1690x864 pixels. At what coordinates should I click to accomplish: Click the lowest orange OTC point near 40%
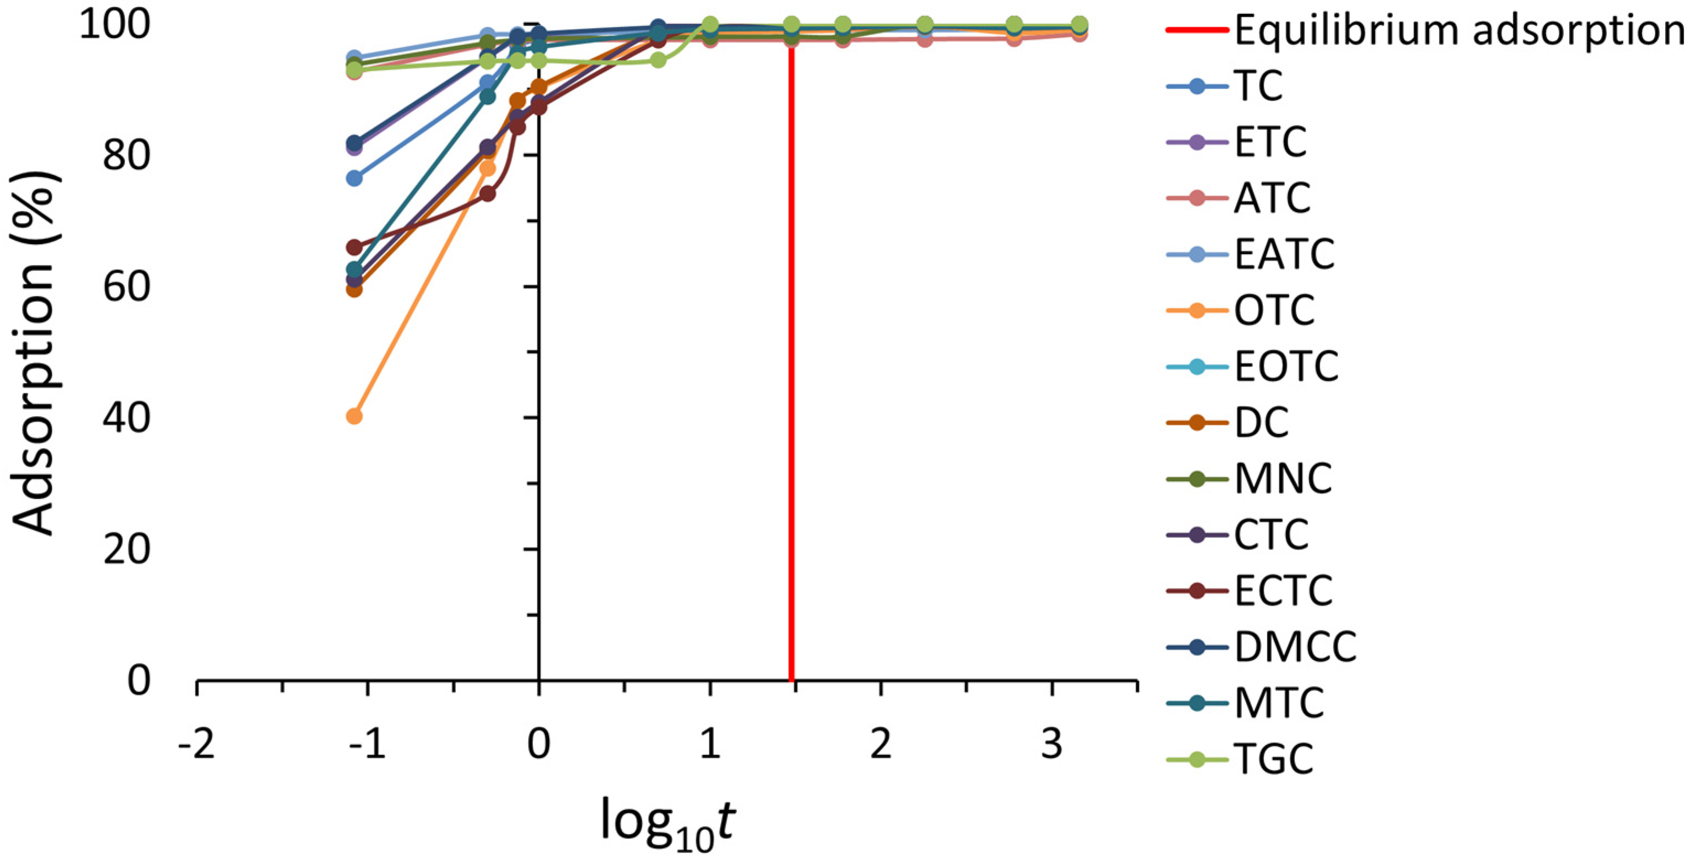pos(354,416)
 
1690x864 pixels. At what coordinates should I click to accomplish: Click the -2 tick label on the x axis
pos(196,744)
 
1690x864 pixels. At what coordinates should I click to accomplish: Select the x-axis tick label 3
pos(1052,744)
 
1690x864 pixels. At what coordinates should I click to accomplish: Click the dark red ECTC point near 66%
pos(354,247)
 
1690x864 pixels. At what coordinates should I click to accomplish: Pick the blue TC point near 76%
pos(354,178)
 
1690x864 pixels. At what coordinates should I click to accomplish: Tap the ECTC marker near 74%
pos(487,193)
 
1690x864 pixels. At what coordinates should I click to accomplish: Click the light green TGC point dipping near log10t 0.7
pos(658,61)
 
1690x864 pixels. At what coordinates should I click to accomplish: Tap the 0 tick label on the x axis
pos(539,744)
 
